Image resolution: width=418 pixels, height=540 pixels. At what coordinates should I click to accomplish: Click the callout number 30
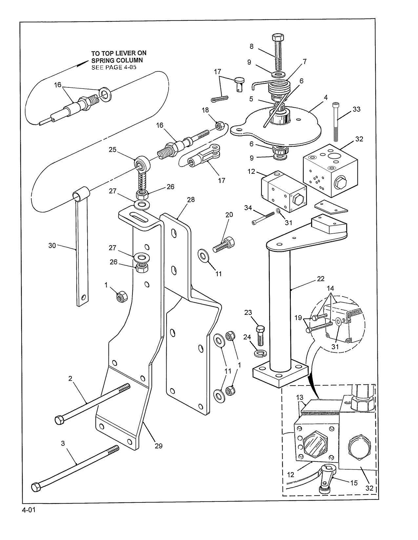(x=52, y=246)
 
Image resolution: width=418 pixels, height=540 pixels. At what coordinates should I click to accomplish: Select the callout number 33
(x=356, y=109)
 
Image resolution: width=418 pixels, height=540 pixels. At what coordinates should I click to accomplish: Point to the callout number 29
(x=159, y=446)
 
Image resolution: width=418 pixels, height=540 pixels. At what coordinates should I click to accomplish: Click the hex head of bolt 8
(x=278, y=38)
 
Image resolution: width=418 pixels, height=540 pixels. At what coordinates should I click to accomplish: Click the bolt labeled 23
(x=260, y=335)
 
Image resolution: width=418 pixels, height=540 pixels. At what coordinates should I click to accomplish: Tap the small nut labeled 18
(x=219, y=126)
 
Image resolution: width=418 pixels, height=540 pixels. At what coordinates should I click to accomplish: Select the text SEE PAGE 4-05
(x=114, y=67)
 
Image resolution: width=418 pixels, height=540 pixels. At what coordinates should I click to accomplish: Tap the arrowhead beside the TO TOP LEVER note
(x=82, y=63)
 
